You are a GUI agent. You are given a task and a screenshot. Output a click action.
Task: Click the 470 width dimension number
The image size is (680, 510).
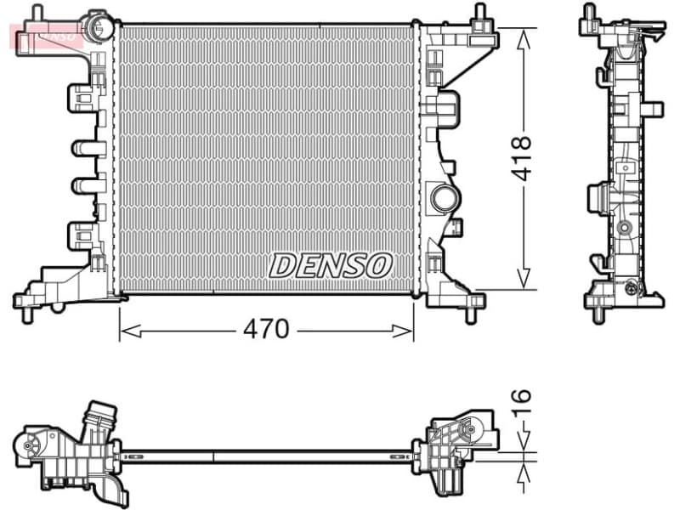(x=266, y=328)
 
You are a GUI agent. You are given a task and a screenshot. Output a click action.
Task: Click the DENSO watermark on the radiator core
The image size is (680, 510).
(x=330, y=265)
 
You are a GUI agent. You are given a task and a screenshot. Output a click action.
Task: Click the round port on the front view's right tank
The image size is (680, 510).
(x=445, y=198)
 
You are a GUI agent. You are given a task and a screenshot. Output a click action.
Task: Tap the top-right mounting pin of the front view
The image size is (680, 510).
(x=479, y=13)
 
